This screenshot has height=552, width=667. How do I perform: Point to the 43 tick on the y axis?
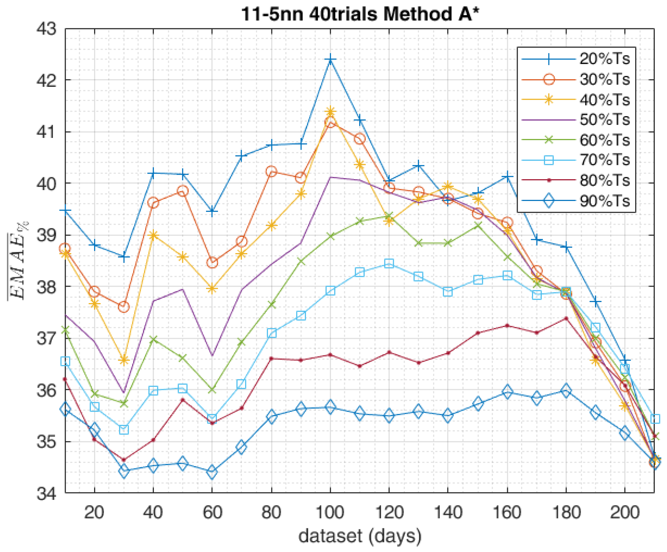click(x=47, y=29)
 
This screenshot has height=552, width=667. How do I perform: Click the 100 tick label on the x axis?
click(x=330, y=512)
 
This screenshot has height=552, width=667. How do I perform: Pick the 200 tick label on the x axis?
click(x=625, y=512)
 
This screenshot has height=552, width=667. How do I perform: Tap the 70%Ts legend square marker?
click(x=549, y=160)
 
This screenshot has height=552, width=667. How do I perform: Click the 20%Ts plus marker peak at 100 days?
click(x=330, y=60)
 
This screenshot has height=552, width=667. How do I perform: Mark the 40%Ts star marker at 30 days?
click(x=124, y=360)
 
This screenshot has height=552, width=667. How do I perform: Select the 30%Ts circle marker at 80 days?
click(x=271, y=172)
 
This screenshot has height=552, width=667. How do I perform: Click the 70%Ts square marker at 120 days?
click(x=389, y=264)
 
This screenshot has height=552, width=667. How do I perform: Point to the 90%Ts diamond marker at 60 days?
click(x=212, y=472)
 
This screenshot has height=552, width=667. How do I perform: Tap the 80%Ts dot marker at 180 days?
click(x=566, y=318)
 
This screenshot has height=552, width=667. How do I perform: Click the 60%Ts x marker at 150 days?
click(x=478, y=226)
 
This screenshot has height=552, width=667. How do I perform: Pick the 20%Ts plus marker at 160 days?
click(x=508, y=177)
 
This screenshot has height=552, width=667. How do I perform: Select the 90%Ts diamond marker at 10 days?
click(x=65, y=409)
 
